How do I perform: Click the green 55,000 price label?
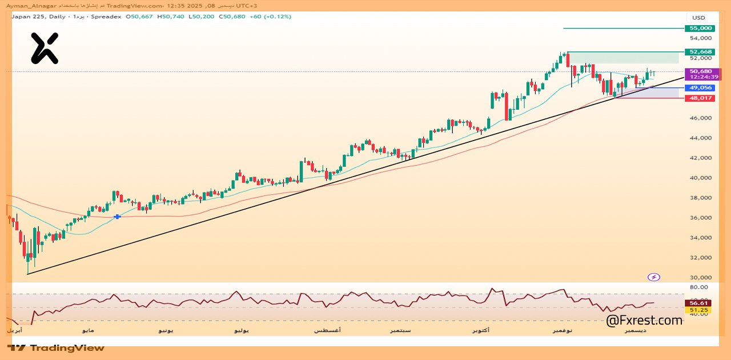click(700, 28)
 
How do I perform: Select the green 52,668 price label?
click(700, 52)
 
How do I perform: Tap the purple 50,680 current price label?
click(700, 71)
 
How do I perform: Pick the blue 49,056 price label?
click(700, 88)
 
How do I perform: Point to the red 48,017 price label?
click(700, 98)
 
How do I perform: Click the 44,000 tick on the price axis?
click(700, 138)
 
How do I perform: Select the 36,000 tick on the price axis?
click(700, 218)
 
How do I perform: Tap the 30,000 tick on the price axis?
click(700, 278)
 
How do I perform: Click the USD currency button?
click(699, 17)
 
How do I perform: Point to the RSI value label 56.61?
click(698, 303)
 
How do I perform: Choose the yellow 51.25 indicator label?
click(698, 310)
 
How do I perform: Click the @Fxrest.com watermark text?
click(644, 321)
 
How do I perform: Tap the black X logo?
click(44, 48)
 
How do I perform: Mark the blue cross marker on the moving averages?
click(117, 217)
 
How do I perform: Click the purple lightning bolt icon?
click(654, 277)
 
